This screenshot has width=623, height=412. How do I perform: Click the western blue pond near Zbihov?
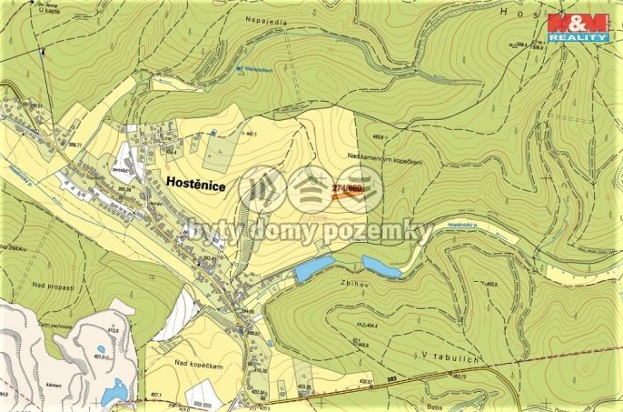313,267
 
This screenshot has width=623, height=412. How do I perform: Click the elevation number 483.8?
367,136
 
